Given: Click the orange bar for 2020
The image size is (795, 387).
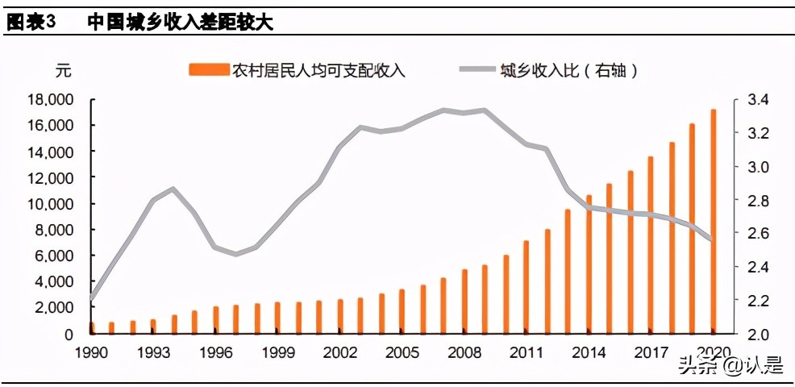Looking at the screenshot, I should (713, 222).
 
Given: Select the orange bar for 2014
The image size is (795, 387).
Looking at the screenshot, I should (589, 264).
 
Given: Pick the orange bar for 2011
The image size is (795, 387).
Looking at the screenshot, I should (527, 287).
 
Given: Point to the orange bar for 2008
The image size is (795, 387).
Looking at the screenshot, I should (464, 302).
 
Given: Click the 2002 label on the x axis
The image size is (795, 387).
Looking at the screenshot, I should (340, 352).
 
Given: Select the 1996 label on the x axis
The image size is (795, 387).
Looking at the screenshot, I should (215, 352).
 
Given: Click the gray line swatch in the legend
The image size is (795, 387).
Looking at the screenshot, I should (477, 71).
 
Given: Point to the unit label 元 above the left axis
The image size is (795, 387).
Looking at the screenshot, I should (63, 71).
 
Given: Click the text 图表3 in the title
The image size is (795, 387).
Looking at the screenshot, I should (31, 23).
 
